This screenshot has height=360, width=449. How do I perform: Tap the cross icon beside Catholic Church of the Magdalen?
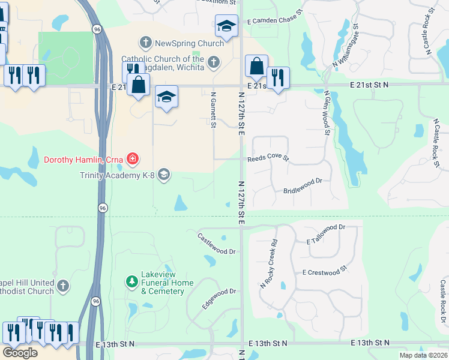pyautogui.click(x=213, y=62)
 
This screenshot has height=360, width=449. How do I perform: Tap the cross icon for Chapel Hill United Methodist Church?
pyautogui.click(x=63, y=286)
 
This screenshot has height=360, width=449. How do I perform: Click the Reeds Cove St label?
pyautogui.click(x=268, y=160)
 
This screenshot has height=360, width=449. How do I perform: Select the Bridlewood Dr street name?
pyautogui.click(x=303, y=185)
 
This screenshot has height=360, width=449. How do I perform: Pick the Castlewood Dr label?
pyautogui.click(x=217, y=244)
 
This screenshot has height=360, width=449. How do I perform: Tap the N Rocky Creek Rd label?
pyautogui.click(x=268, y=264)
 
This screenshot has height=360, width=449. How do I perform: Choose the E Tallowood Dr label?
pyautogui.click(x=326, y=235)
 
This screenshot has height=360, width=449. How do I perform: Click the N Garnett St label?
pyautogui.click(x=213, y=109)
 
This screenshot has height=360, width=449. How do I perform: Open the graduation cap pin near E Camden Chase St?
pyautogui.click(x=226, y=26)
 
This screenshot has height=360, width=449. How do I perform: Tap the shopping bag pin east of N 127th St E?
pyautogui.click(x=256, y=66)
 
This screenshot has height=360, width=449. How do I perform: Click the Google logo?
pyautogui.click(x=20, y=353)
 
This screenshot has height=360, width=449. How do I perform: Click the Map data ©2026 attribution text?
pyautogui.click(x=423, y=355)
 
